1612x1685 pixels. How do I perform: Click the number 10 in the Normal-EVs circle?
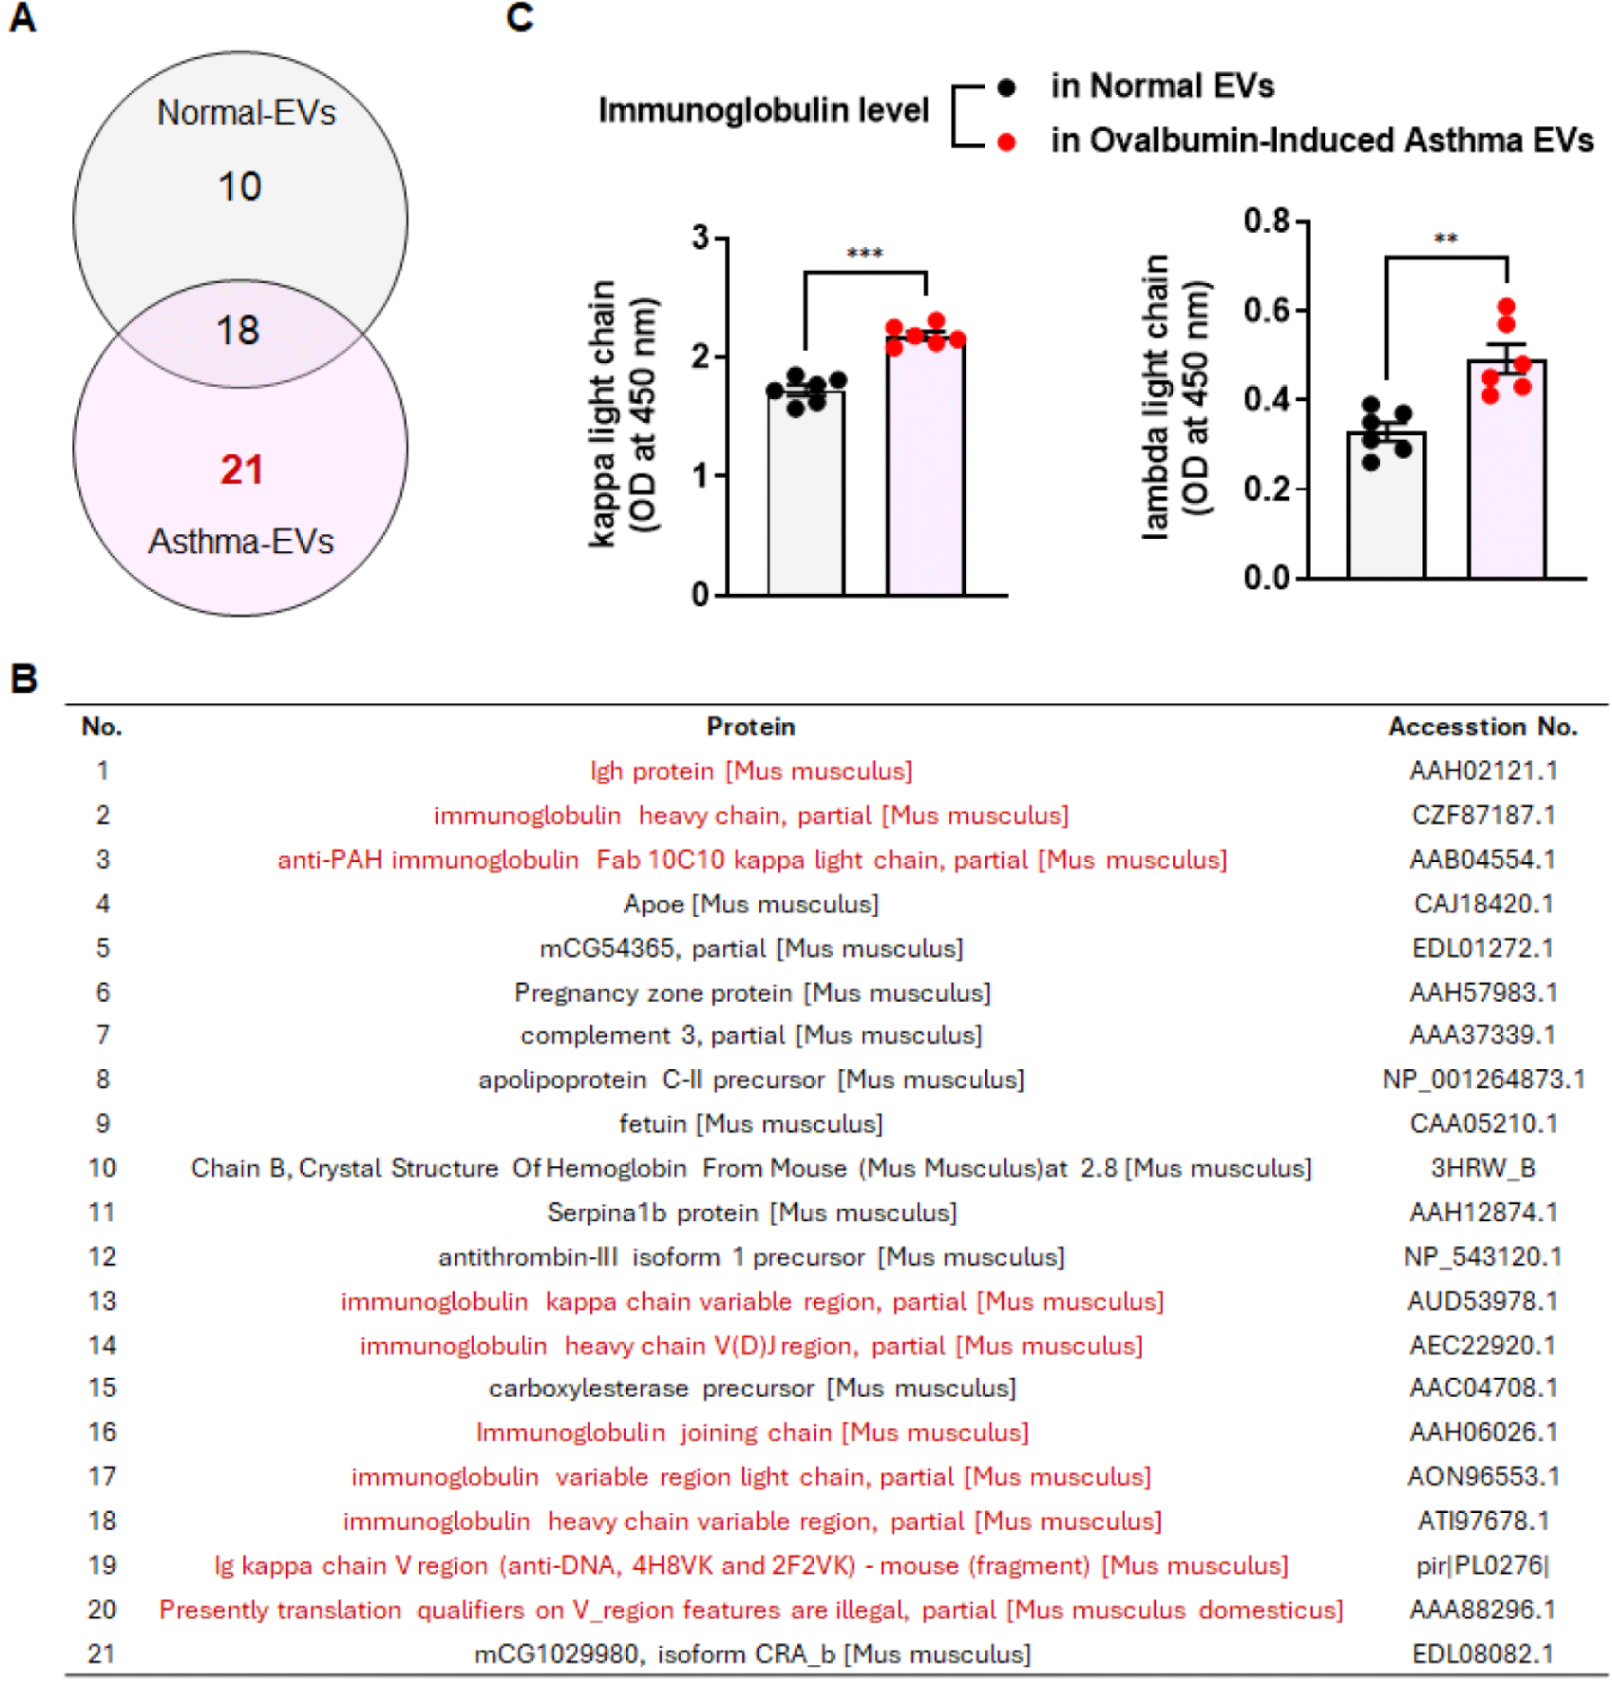239,186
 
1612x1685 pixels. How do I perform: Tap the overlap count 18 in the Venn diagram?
237,331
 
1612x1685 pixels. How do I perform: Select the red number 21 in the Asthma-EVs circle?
241,469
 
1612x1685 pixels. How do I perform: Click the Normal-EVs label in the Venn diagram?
246,113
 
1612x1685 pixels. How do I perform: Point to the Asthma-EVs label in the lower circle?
241,542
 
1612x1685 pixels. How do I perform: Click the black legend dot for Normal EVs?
1007,87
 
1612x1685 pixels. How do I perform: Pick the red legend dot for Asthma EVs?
1007,143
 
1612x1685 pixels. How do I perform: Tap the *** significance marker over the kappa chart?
864,254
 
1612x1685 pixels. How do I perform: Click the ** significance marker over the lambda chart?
1446,239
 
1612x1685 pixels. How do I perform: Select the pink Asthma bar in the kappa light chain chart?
926,475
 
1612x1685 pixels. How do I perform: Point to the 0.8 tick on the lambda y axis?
1267,221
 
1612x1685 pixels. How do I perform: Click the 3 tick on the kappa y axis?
701,237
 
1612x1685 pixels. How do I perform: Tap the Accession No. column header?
1483,727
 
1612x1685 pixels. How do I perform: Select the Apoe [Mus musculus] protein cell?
750,904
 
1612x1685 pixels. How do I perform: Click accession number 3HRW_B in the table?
1483,1168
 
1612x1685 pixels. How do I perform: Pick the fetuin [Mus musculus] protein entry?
750,1124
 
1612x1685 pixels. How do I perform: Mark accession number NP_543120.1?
1483,1256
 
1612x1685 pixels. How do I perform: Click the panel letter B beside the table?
24,679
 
